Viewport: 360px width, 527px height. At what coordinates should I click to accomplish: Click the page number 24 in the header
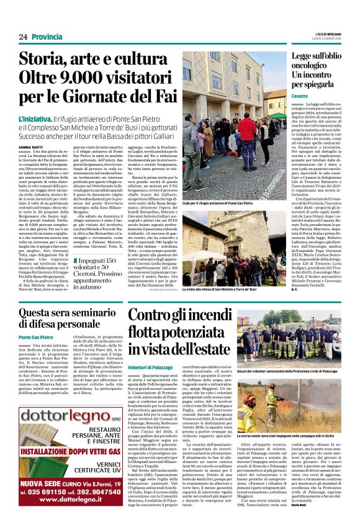point(23,37)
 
